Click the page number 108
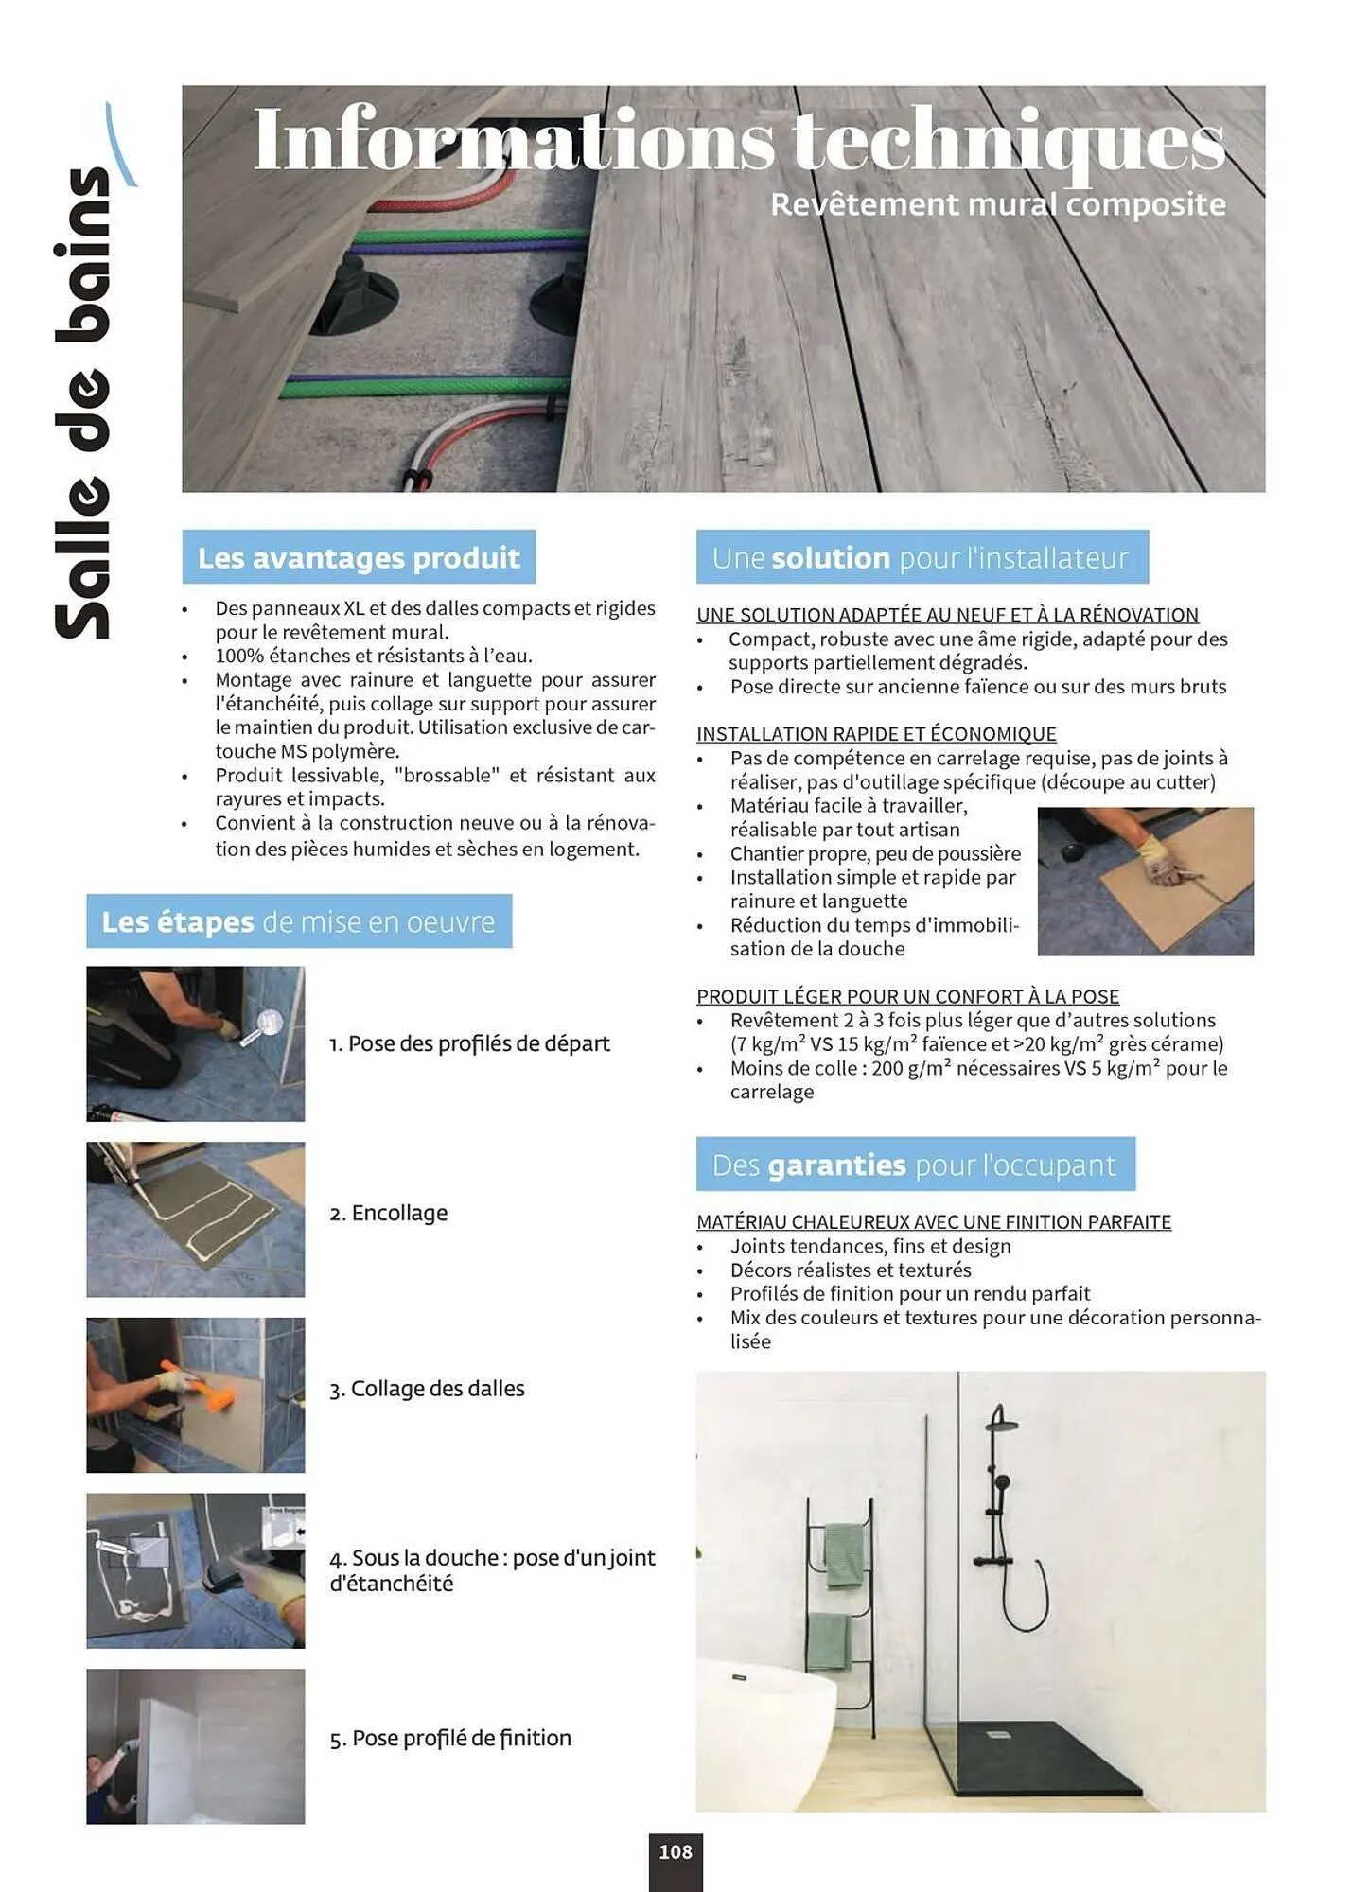click(675, 1852)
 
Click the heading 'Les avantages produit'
click(359, 557)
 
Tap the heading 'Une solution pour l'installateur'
click(921, 557)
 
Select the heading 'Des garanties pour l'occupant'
click(914, 1165)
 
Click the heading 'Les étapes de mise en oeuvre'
click(298, 921)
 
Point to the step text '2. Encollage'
click(388, 1213)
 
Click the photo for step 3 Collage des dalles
click(195, 1394)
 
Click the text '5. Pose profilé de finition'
click(450, 1738)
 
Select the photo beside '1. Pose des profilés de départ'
click(195, 1043)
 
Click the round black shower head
click(1001, 1421)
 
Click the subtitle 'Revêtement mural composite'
click(997, 204)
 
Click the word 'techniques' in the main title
click(1009, 142)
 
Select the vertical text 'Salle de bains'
click(84, 402)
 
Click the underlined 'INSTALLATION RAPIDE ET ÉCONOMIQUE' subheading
click(876, 734)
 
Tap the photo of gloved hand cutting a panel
click(1145, 881)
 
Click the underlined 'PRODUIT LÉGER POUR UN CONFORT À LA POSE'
click(907, 996)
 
